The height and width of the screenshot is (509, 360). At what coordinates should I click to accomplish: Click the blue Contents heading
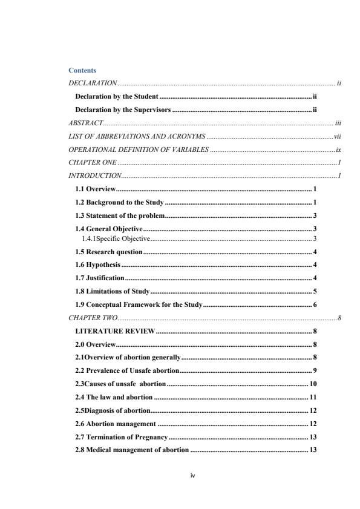pos(82,71)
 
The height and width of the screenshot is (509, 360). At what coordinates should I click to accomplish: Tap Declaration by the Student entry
pos(116,96)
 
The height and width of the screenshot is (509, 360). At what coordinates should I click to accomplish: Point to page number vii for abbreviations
pos(338,136)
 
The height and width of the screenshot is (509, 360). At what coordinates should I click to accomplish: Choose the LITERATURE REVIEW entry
pos(115,331)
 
